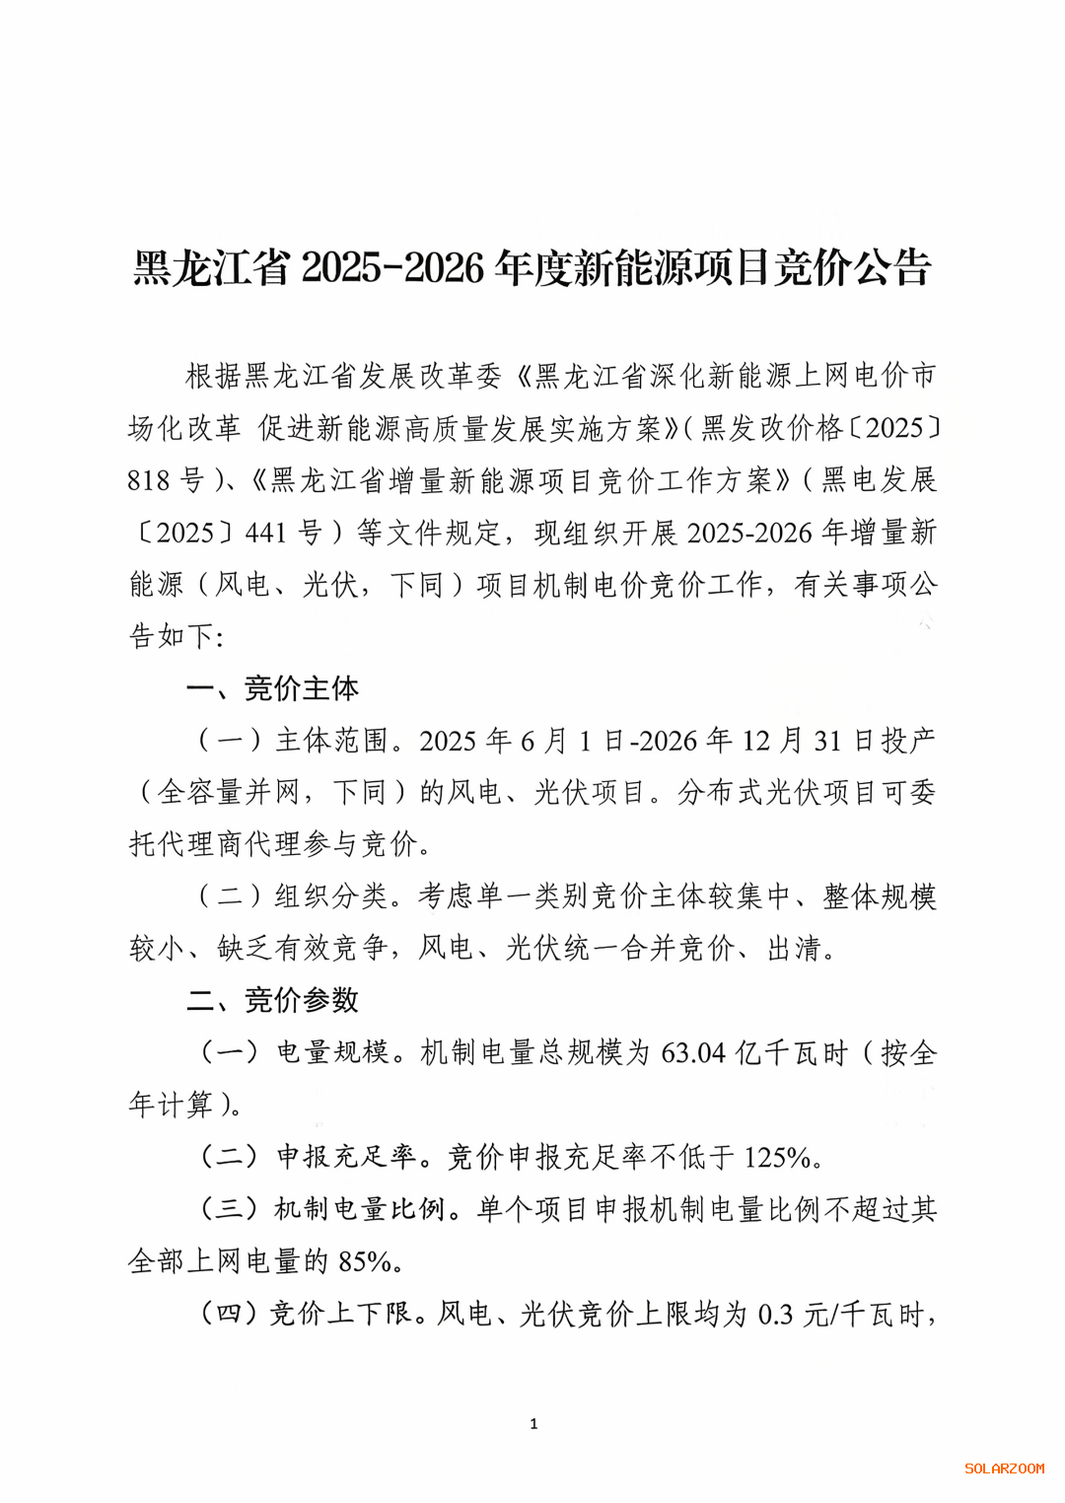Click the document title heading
(532, 268)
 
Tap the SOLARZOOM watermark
(1004, 1468)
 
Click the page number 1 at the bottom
(533, 1423)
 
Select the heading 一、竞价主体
(273, 688)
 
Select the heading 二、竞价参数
(273, 1000)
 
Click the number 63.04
(693, 1053)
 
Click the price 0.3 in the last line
(775, 1315)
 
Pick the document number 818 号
(165, 480)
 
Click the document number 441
(265, 533)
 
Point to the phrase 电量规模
(332, 1053)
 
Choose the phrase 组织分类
(331, 896)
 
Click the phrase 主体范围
(331, 741)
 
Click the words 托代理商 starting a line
(186, 844)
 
